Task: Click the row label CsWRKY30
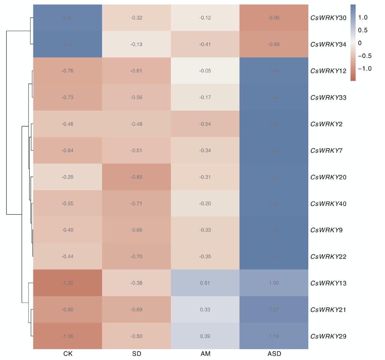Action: pos(328,18)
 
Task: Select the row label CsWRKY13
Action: pos(328,283)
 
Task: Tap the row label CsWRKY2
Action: pos(326,124)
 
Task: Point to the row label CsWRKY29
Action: pos(328,336)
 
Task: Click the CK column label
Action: pos(68,354)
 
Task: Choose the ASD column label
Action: pos(274,354)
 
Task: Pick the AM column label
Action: pos(205,354)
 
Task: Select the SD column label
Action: pos(137,354)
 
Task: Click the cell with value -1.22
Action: pos(68,283)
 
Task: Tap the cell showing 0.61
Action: pos(205,283)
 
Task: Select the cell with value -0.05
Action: pos(205,71)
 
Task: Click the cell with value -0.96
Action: pos(274,18)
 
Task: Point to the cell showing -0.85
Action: pos(136,177)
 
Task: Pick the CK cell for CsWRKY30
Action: pos(68,18)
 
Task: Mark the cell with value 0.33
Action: pos(205,310)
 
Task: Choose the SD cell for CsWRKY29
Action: pos(136,336)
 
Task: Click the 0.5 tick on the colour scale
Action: pos(363,30)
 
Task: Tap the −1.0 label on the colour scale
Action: pos(364,69)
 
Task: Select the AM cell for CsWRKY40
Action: pos(205,204)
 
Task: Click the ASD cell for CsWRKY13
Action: pos(274,283)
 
